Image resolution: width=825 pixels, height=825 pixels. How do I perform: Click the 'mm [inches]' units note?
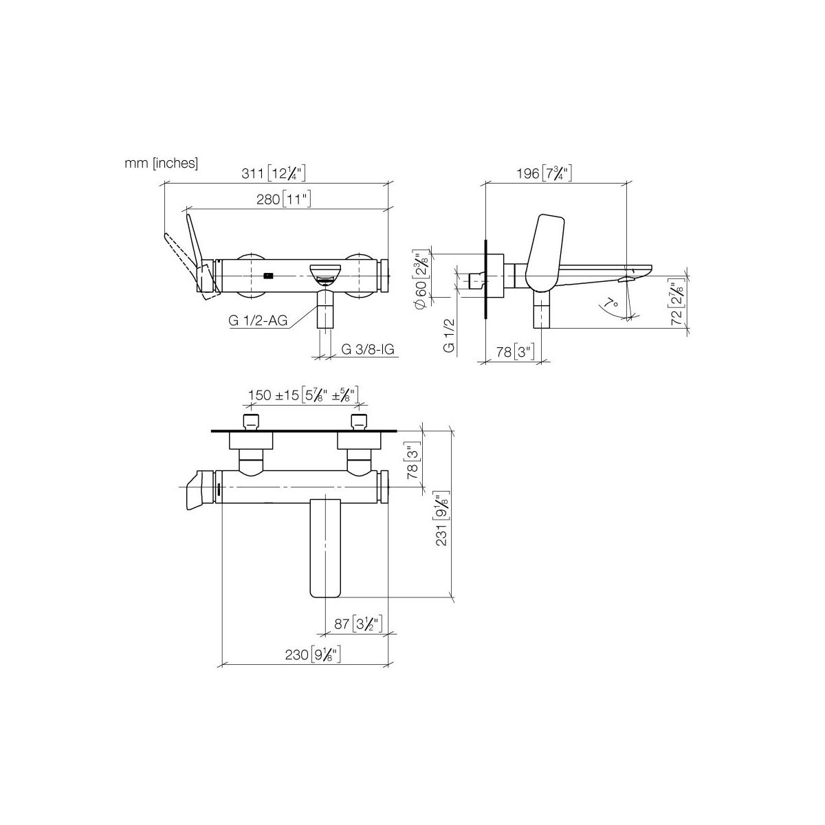pos(161,163)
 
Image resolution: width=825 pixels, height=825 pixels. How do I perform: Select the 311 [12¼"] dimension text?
pos(274,173)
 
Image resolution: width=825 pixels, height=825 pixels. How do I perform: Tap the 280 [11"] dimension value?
pos(283,199)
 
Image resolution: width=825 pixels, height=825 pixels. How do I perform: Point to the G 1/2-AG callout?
pos(258,320)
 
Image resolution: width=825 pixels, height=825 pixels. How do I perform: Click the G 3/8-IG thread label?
pos(367,349)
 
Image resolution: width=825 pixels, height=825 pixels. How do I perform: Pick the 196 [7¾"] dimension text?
pos(544,173)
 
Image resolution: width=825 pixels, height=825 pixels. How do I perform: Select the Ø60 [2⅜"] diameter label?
pos(421,278)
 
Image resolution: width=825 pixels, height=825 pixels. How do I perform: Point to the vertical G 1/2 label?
pos(449,335)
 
